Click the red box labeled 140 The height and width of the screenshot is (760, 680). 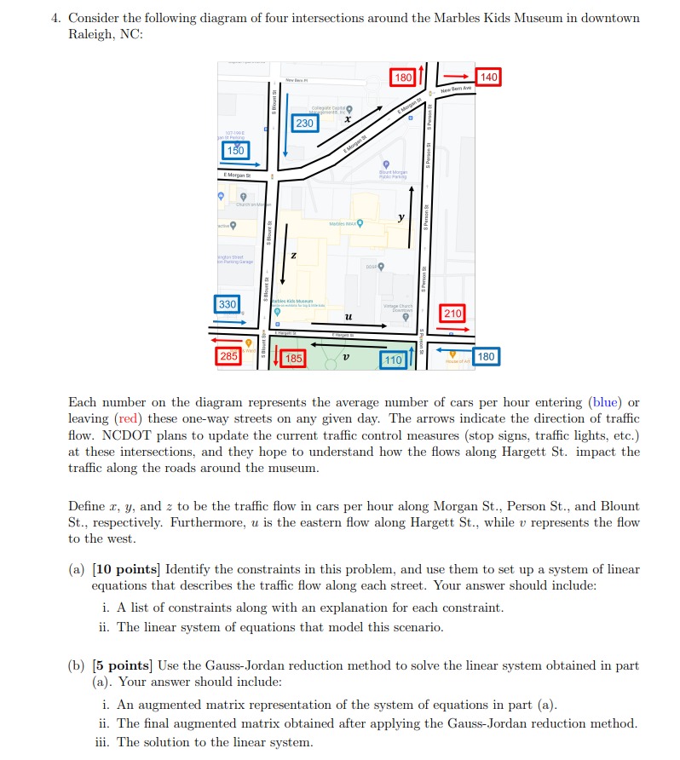coord(489,78)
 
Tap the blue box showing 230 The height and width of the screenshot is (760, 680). coord(305,124)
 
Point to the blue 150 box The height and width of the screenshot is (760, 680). coord(234,150)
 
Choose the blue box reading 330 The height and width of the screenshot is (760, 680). coord(228,304)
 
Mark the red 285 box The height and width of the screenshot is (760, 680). coord(228,356)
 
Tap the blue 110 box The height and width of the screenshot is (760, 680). coord(392,360)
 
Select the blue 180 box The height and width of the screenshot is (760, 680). coord(486,356)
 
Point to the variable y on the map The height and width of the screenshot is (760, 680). coord(399,219)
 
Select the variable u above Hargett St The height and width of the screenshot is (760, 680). coord(345,316)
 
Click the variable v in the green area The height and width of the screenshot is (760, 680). coord(344,358)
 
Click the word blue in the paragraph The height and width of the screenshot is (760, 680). coord(608,402)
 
